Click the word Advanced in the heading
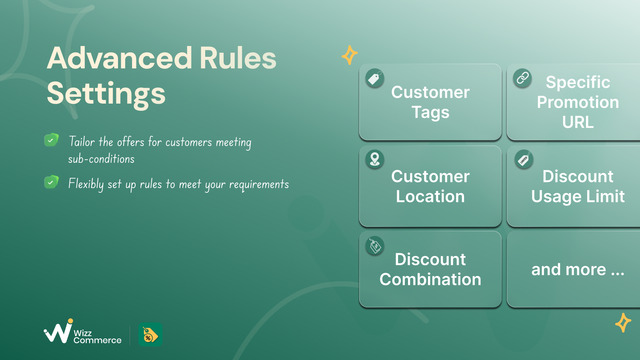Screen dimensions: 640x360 click(x=119, y=58)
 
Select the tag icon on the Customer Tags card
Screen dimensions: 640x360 click(x=374, y=78)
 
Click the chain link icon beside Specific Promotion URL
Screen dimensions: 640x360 click(x=522, y=78)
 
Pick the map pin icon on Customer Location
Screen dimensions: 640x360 click(x=374, y=159)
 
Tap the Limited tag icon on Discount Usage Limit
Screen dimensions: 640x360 click(x=524, y=159)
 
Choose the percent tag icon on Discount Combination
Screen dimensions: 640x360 click(x=374, y=246)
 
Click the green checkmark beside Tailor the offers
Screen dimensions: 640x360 click(x=52, y=140)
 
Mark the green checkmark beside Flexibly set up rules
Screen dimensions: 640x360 click(x=52, y=182)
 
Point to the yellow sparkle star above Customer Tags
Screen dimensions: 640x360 click(x=350, y=55)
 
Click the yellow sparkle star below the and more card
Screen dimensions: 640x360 click(x=623, y=322)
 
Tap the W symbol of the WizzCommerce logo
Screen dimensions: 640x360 click(x=58, y=332)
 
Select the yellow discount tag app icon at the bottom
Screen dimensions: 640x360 click(x=150, y=334)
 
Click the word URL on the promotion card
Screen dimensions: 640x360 click(x=578, y=122)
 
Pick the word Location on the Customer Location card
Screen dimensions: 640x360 click(x=430, y=196)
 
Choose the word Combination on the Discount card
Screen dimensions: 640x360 click(x=430, y=279)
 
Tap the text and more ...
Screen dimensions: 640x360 click(x=578, y=270)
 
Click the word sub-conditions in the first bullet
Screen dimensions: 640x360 click(x=101, y=159)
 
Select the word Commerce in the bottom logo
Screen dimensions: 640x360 click(x=98, y=340)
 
